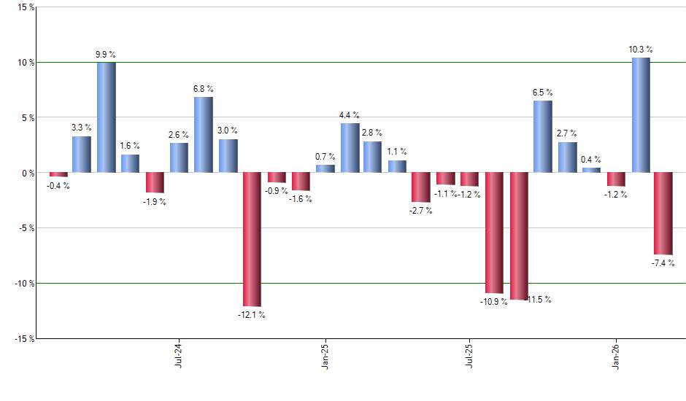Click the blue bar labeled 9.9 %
coord(107,117)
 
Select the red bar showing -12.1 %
coord(252,239)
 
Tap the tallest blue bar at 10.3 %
coord(641,115)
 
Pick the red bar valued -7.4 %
coord(663,213)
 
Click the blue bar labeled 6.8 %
coord(204,135)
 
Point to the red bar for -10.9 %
coord(495,233)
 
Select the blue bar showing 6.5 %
coord(542,136)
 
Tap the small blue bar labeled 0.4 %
coord(591,171)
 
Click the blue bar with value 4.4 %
coord(350,148)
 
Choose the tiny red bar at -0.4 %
coord(58,175)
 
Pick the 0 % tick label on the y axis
coord(26,173)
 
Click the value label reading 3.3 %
coord(82,128)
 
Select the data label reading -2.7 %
coord(420,211)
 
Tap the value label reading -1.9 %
coord(154,201)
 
